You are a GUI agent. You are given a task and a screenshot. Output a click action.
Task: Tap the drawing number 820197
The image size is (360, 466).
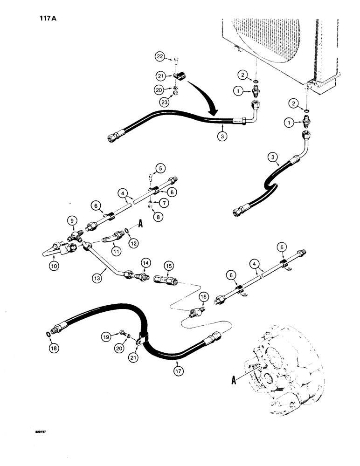click(x=39, y=432)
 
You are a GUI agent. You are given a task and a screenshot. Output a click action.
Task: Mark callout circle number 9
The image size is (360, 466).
click(x=71, y=220)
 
